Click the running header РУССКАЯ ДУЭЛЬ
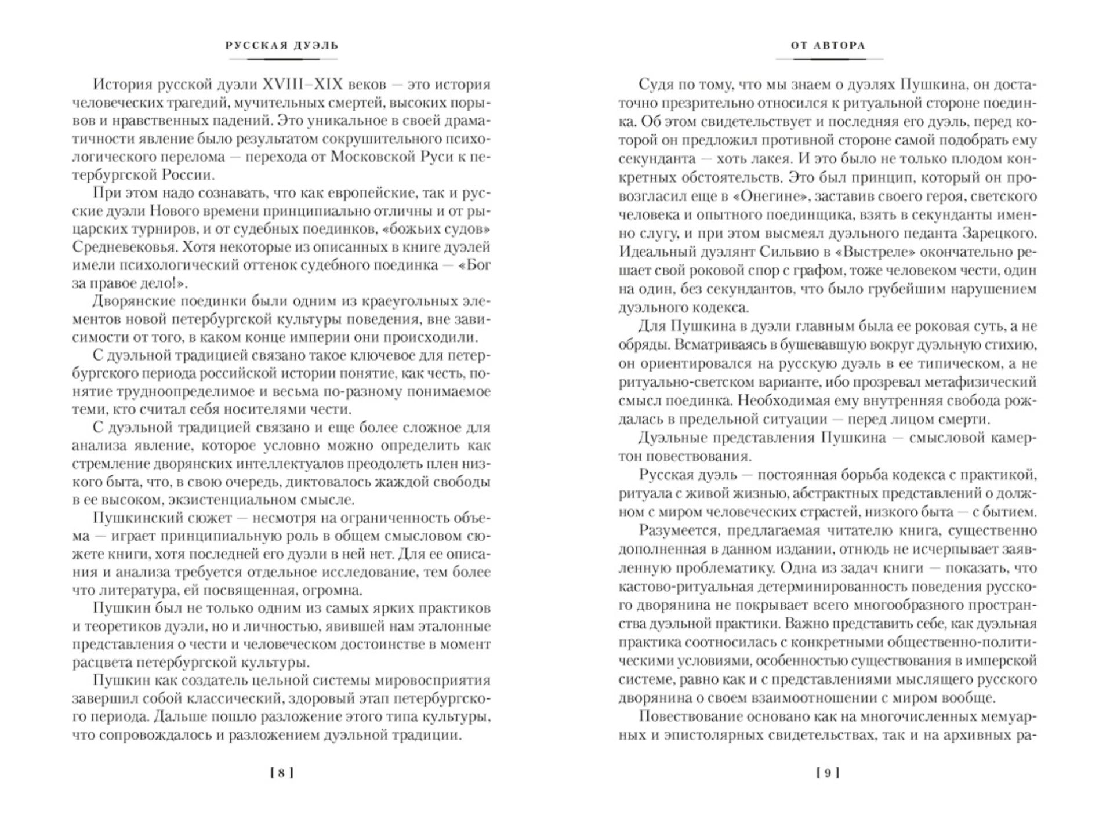281,45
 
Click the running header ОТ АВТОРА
828,45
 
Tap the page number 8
281,773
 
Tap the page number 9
828,773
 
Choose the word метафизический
975,382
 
